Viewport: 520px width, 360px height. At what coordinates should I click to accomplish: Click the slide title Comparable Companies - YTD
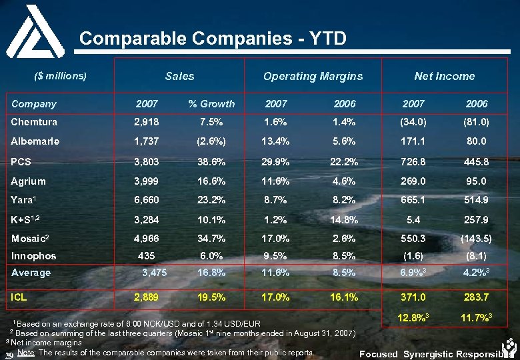213,39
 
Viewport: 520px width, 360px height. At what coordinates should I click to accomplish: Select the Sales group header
179,76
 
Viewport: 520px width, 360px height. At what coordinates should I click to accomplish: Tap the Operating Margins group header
313,76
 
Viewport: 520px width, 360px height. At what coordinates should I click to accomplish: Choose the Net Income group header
444,76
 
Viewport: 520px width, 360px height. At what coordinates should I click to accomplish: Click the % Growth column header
211,103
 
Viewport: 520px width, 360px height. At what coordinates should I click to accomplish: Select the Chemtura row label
34,122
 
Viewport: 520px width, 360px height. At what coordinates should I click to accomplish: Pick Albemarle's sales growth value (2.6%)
211,141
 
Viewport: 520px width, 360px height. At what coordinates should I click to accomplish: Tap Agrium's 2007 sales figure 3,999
147,181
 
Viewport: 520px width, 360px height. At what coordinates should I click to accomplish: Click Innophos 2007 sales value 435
147,255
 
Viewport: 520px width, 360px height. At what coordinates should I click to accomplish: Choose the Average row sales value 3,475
155,272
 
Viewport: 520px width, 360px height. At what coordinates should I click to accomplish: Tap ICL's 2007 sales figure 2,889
147,297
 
